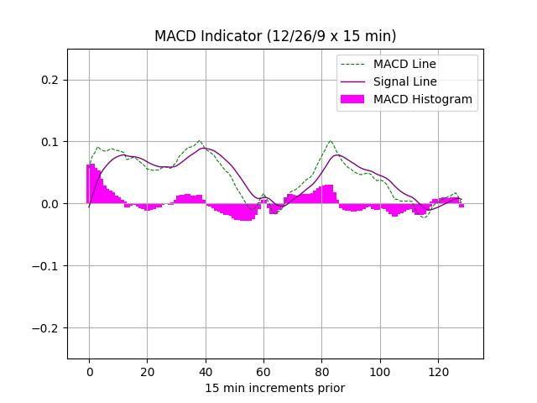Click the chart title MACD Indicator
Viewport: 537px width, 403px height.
coord(275,36)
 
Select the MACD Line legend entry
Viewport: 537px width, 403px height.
coord(404,64)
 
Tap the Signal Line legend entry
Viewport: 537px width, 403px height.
coord(405,81)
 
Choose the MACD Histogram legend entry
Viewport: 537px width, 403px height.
coord(423,99)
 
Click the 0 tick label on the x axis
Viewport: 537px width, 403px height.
coord(89,371)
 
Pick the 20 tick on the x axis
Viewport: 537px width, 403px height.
coord(147,371)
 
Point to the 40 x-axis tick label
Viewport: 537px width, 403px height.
coord(206,371)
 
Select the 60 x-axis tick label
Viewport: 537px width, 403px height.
coord(263,371)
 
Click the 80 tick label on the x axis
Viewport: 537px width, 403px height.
coord(321,371)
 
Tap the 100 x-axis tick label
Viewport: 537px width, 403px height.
coord(380,371)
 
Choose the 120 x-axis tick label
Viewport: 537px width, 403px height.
coord(438,371)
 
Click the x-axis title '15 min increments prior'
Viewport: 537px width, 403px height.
coord(275,388)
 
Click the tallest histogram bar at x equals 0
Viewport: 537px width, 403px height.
coord(89,183)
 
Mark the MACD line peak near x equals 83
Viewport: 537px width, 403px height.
coord(331,141)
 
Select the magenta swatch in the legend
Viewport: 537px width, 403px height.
coord(353,99)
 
